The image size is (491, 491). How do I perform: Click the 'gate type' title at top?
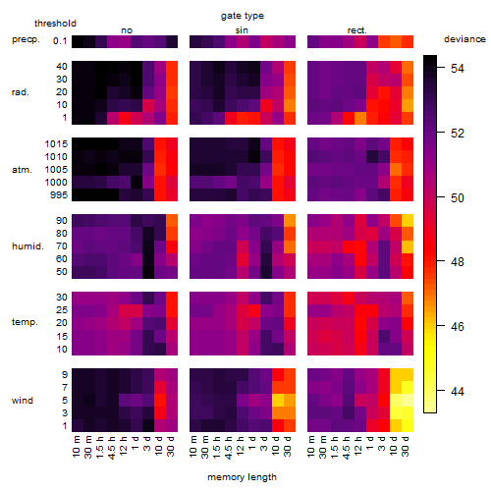click(x=243, y=16)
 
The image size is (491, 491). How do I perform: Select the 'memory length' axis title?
click(x=242, y=477)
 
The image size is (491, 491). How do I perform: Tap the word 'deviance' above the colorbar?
click(x=464, y=39)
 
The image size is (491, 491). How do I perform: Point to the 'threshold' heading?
click(x=55, y=24)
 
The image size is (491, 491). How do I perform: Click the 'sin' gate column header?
click(x=242, y=30)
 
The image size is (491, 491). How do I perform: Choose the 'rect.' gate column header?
click(x=357, y=30)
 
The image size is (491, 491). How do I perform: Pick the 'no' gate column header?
click(x=127, y=30)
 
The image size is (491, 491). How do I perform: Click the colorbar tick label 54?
click(x=458, y=69)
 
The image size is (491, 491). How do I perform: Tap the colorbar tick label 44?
click(x=458, y=391)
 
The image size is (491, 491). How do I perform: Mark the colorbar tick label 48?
click(x=458, y=262)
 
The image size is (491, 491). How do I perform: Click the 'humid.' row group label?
click(x=27, y=246)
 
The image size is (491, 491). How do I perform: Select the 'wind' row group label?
click(x=23, y=401)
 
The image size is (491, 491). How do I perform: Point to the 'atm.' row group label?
click(x=22, y=170)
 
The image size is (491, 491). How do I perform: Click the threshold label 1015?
click(x=56, y=144)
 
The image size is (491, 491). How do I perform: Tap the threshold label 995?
click(x=59, y=195)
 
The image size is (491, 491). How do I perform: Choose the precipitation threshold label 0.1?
click(x=60, y=41)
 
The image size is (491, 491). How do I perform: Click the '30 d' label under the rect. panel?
click(x=406, y=446)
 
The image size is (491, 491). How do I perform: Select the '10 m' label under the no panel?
click(x=76, y=447)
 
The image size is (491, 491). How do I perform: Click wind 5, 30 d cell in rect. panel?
click(x=408, y=400)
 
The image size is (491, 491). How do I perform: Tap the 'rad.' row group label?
click(x=21, y=92)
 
